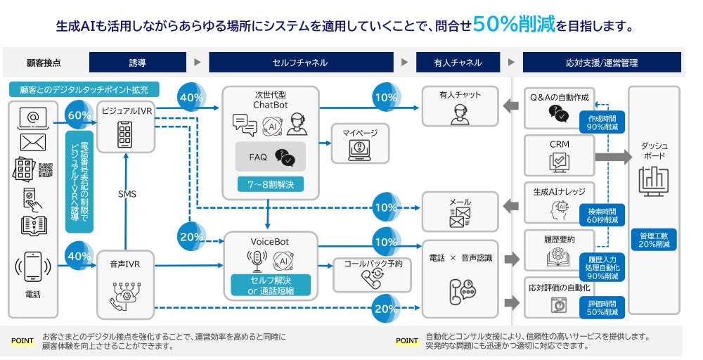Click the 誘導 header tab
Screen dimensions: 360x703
[x=138, y=62]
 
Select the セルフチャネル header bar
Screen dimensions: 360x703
[x=299, y=62]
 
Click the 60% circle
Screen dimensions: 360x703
[x=79, y=115]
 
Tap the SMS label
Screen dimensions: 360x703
[x=127, y=194]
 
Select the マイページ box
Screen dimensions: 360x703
[x=360, y=143]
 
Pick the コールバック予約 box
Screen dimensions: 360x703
[x=372, y=274]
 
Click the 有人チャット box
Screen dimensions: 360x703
[x=460, y=106]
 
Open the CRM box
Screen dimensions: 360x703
[x=560, y=154]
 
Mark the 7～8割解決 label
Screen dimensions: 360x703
[x=271, y=184]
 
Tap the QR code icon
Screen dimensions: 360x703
[x=46, y=169]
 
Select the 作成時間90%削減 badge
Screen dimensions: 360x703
[x=602, y=122]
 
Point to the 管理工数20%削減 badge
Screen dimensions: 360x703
[x=654, y=239]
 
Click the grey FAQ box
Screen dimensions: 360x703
[x=271, y=157]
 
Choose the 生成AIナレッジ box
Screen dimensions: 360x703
[x=560, y=200]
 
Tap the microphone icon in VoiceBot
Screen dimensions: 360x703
[x=256, y=260]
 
